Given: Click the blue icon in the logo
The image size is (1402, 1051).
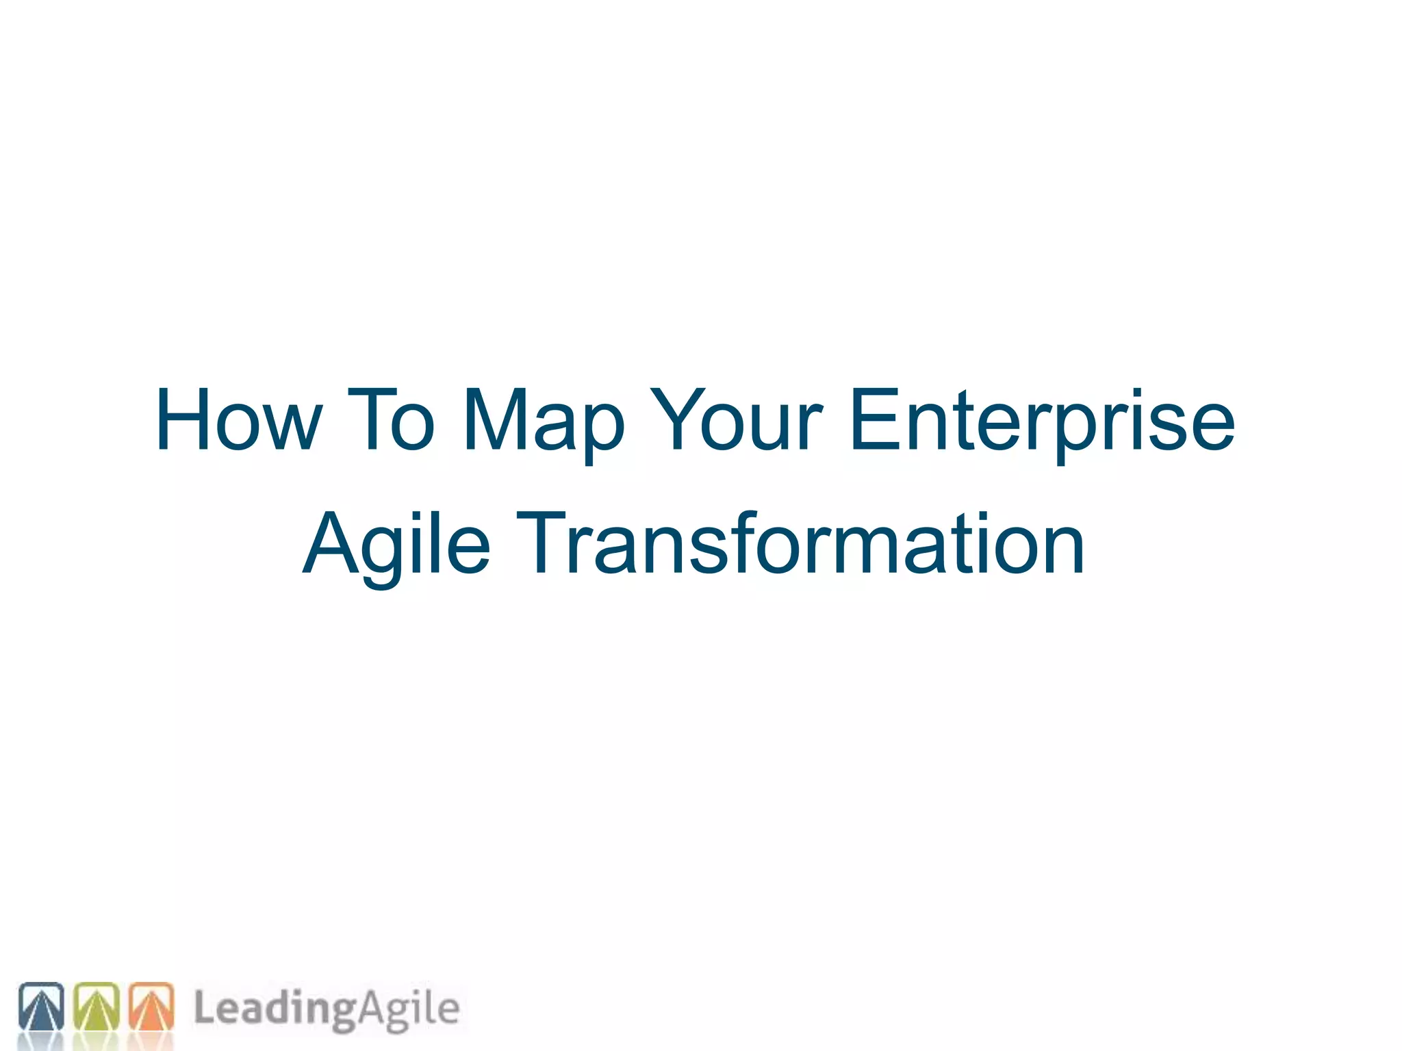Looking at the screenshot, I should click(x=41, y=1007).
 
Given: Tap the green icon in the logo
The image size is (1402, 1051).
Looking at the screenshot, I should click(x=96, y=1007).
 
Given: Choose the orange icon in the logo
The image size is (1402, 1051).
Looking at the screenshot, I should click(x=151, y=1007).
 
